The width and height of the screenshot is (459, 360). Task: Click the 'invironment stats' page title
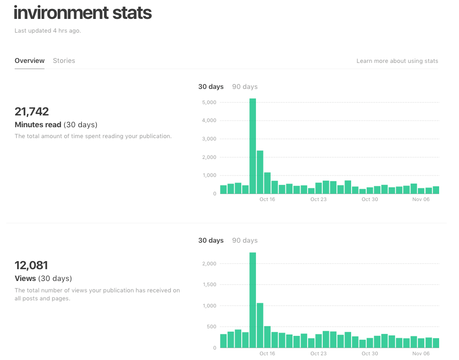[x=83, y=13]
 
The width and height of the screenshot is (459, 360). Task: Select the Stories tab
[x=64, y=61]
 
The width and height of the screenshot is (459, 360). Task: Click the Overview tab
[x=29, y=61]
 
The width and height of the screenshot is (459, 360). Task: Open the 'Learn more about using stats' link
[x=397, y=61]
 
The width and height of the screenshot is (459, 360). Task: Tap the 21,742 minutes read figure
[x=32, y=112]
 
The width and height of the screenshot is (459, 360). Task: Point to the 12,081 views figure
[x=31, y=265]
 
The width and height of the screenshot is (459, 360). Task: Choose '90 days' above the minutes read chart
[x=245, y=87]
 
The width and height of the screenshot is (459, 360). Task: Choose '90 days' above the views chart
[x=245, y=240]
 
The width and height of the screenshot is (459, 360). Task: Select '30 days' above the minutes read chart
[x=211, y=87]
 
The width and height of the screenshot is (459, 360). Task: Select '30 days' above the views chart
[x=211, y=240]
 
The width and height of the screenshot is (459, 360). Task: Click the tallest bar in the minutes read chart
[x=253, y=147]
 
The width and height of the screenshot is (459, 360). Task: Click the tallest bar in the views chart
[x=253, y=300]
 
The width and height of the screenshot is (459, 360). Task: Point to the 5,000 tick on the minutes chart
[x=209, y=102]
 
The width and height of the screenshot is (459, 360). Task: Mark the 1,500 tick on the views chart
[x=209, y=285]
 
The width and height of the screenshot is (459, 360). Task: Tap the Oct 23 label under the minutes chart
[x=318, y=200]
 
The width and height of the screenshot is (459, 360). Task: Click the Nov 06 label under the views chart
[x=421, y=353]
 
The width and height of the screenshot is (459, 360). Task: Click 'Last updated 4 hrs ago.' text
[x=47, y=31]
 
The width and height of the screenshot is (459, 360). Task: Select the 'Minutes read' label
[x=38, y=125]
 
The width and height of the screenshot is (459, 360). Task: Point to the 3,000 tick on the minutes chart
[x=209, y=139]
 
